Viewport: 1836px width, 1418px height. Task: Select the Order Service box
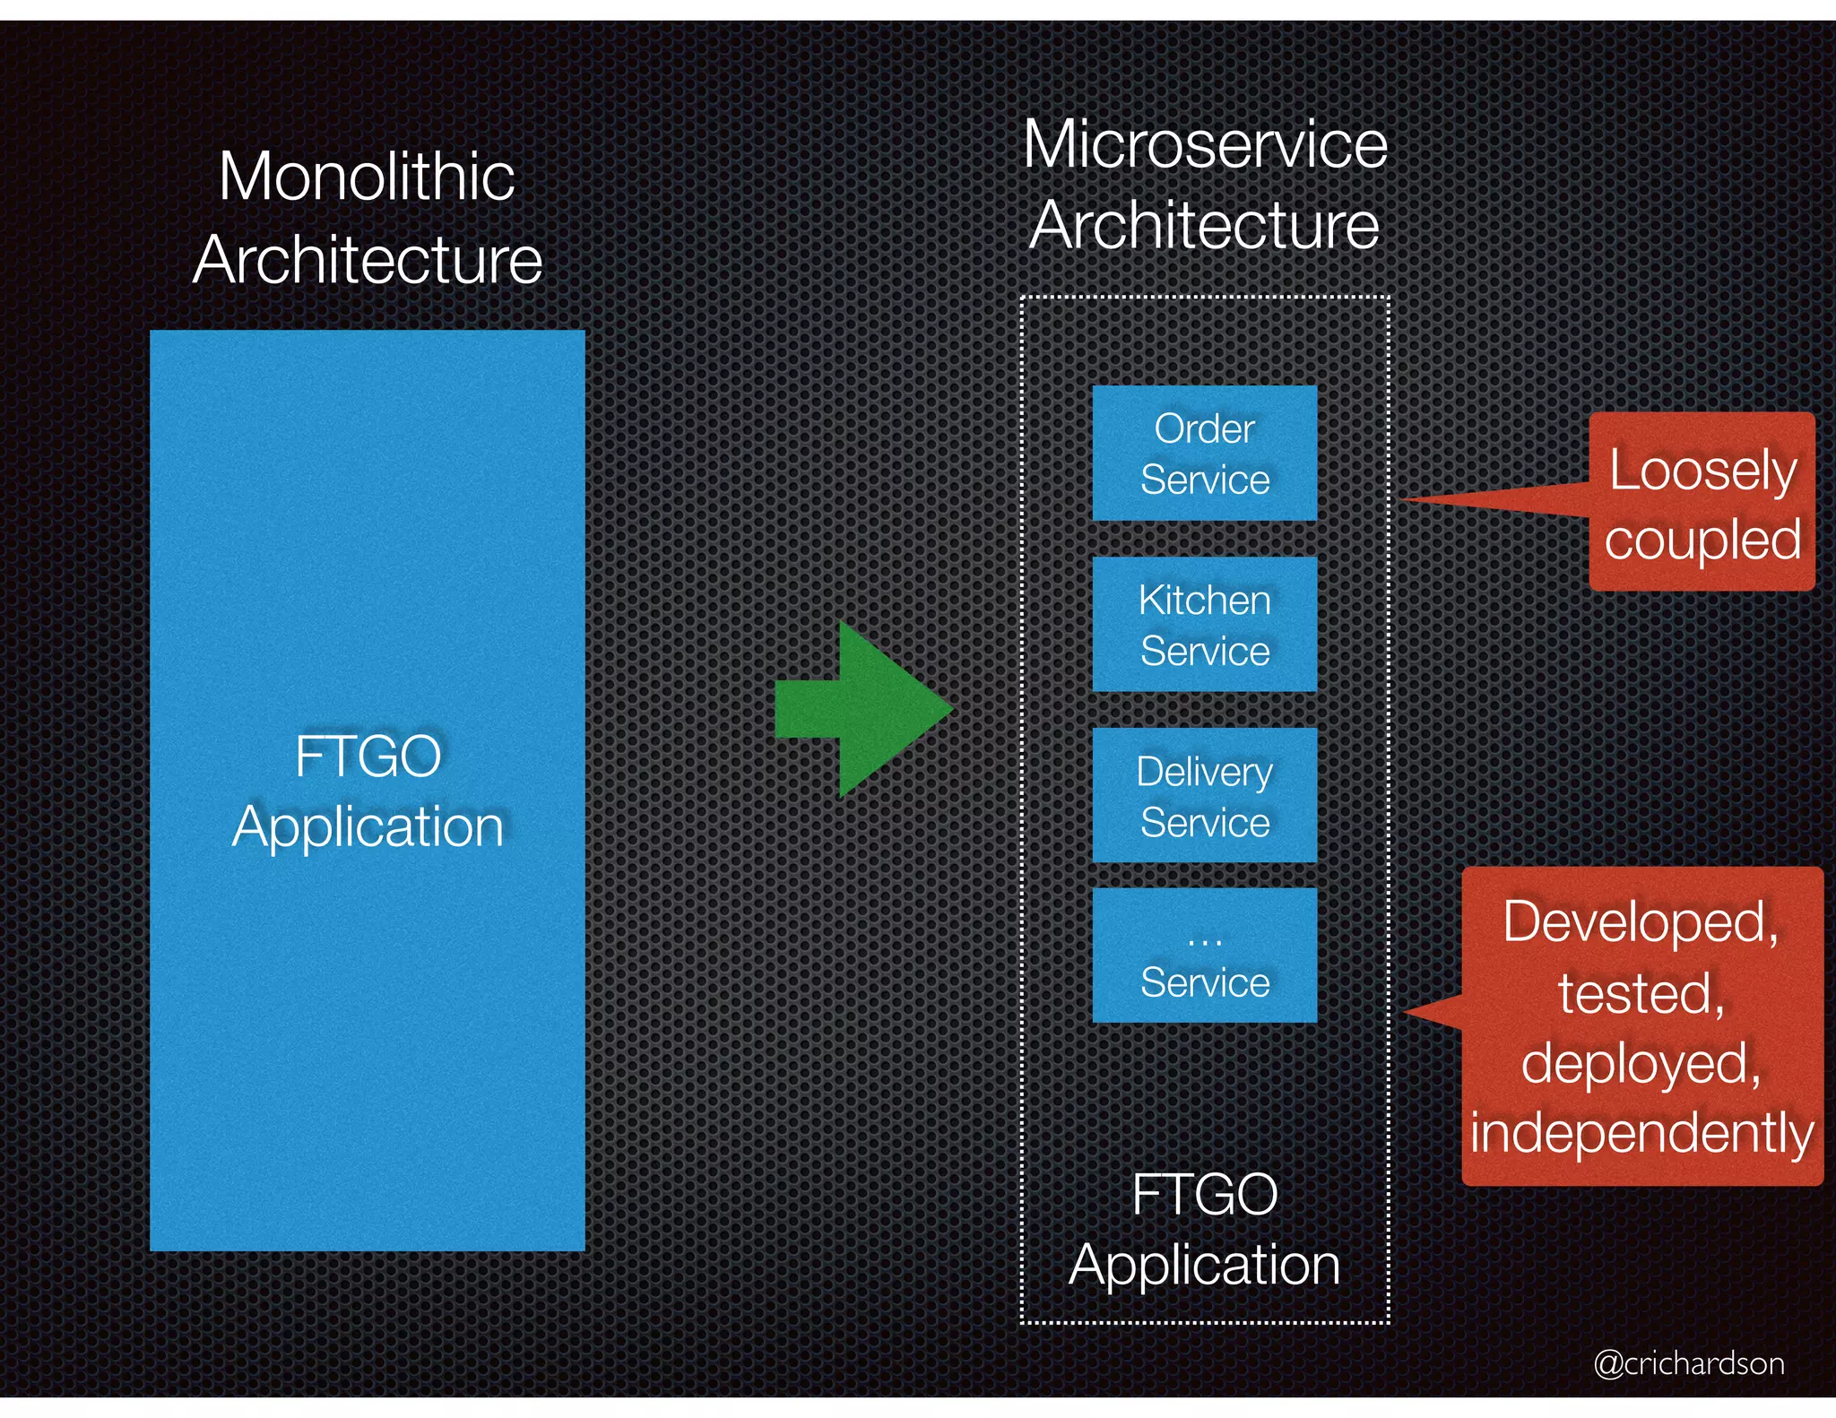point(1204,454)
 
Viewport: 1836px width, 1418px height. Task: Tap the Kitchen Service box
point(1204,625)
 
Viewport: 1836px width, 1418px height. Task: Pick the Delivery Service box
point(1204,796)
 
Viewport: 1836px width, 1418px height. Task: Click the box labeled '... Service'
point(1204,955)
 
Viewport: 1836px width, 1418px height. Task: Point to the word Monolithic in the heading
point(367,177)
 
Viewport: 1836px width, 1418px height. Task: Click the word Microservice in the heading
point(1205,144)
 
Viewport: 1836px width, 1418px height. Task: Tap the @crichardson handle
point(1689,1363)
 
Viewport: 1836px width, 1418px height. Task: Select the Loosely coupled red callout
point(1702,502)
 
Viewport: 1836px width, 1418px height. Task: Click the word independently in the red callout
point(1641,1133)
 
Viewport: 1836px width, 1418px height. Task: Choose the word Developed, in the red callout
point(1641,921)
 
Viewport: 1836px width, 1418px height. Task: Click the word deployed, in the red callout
point(1641,1063)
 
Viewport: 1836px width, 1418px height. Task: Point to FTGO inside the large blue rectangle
point(368,757)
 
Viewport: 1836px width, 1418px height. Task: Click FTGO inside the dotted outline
point(1204,1195)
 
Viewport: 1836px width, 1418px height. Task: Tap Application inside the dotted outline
point(1204,1265)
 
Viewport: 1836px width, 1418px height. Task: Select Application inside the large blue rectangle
point(368,826)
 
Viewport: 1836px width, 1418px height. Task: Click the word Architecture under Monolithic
point(368,260)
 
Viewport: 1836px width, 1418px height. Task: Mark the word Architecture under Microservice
point(1204,225)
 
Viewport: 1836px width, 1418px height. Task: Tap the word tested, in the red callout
point(1641,993)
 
